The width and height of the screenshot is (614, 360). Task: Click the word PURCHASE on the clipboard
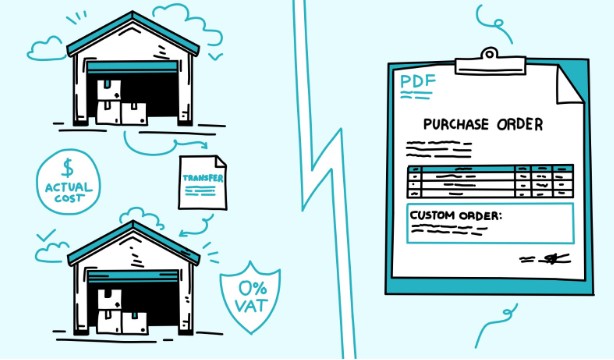pyautogui.click(x=456, y=125)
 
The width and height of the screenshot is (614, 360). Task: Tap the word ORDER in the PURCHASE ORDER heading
pyautogui.click(x=520, y=125)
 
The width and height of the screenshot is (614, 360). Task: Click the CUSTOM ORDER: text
pyautogui.click(x=455, y=215)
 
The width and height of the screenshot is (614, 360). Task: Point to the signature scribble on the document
pyautogui.click(x=545, y=259)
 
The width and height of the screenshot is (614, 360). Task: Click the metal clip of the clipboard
pyautogui.click(x=490, y=63)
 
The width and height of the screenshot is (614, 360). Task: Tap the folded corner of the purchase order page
pyautogui.click(x=569, y=85)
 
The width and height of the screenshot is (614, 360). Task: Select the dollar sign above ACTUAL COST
pyautogui.click(x=68, y=168)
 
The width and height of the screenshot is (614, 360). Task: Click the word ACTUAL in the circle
pyautogui.click(x=69, y=187)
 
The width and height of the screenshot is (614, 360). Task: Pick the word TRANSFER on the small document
pyautogui.click(x=203, y=178)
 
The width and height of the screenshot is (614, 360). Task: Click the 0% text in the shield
pyautogui.click(x=253, y=289)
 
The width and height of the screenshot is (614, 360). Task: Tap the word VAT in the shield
pyautogui.click(x=251, y=306)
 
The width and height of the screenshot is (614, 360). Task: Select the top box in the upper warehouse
pyautogui.click(x=109, y=90)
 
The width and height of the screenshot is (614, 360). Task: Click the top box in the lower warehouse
pyautogui.click(x=109, y=300)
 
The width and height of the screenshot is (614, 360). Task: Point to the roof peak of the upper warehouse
pyautogui.click(x=133, y=13)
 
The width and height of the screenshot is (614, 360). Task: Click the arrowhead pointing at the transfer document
pyautogui.click(x=204, y=145)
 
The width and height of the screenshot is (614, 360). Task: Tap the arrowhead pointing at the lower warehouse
pyautogui.click(x=182, y=234)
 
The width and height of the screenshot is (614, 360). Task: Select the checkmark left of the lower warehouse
pyautogui.click(x=46, y=235)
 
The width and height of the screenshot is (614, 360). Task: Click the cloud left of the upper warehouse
pyautogui.click(x=45, y=49)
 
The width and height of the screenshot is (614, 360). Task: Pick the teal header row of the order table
pyautogui.click(x=490, y=169)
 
